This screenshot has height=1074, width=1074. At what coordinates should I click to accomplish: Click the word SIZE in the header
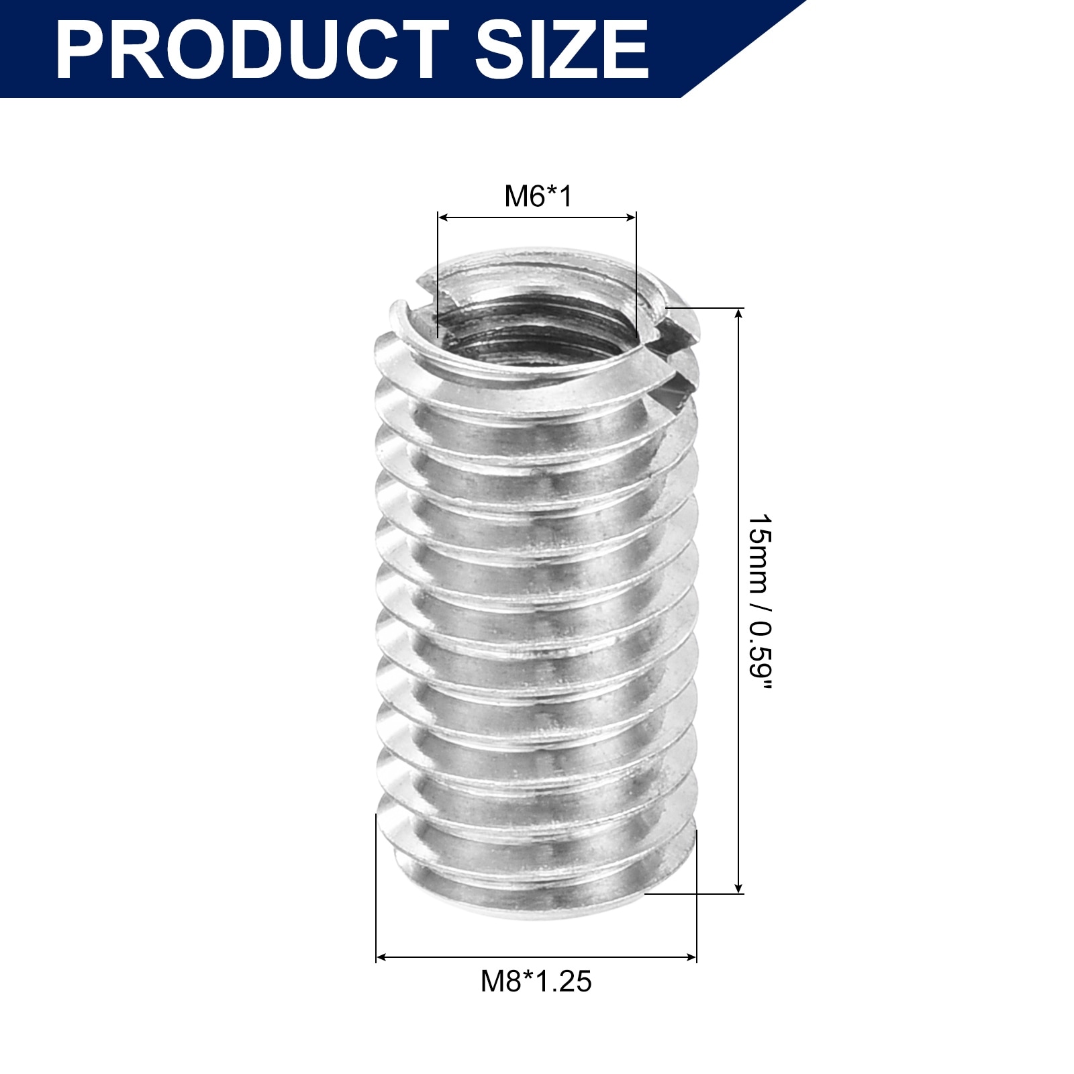[562, 50]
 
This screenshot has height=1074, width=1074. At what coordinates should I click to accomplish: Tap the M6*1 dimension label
[538, 196]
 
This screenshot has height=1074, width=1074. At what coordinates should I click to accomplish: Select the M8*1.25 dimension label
[536, 981]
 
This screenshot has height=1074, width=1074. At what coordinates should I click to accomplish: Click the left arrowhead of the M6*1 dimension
[443, 217]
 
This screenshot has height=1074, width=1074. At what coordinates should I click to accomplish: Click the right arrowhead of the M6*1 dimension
[630, 217]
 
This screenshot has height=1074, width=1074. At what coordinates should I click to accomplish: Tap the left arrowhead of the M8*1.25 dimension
[381, 957]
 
